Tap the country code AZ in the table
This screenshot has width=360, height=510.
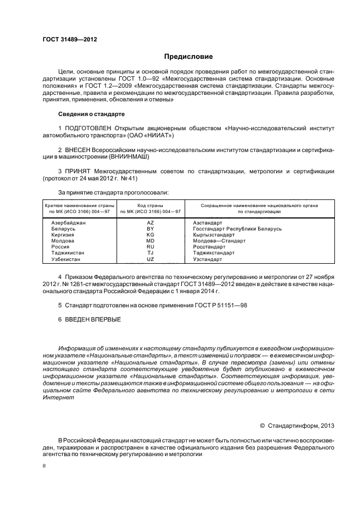click(150, 223)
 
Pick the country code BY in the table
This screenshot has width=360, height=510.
click(150, 229)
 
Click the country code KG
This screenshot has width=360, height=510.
click(150, 235)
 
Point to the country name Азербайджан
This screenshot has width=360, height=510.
click(69, 223)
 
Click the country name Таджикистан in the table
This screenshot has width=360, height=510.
click(69, 253)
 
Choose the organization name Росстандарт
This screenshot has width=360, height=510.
click(210, 247)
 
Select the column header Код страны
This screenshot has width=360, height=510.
click(150, 205)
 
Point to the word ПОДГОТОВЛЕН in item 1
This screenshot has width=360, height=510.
click(87, 127)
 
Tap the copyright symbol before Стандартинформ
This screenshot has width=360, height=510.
click(262, 424)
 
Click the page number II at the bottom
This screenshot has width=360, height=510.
click(44, 466)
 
